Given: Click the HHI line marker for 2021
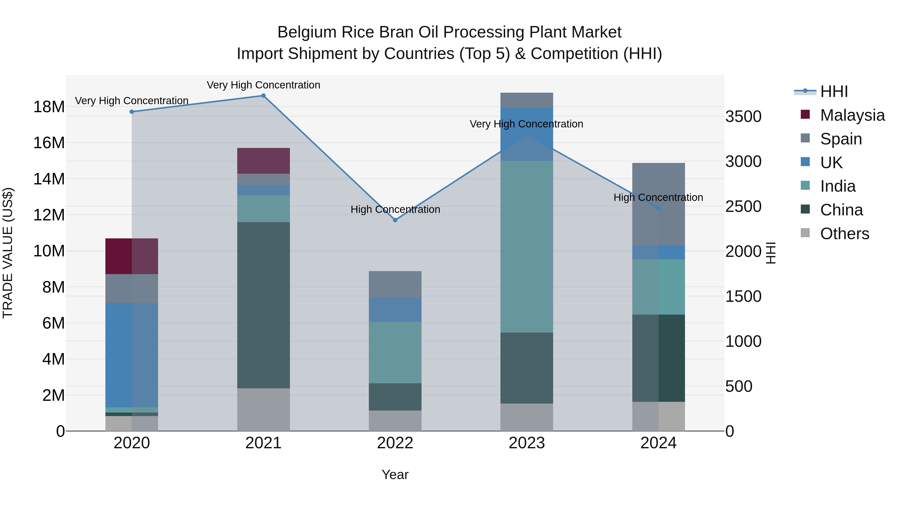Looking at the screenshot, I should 263,96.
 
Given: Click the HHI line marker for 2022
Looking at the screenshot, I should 395,220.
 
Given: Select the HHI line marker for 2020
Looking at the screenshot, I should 132,112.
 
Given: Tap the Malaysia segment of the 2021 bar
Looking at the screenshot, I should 263,161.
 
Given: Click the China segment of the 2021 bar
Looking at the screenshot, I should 263,305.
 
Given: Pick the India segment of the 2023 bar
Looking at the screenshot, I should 527,247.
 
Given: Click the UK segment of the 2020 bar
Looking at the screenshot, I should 132,355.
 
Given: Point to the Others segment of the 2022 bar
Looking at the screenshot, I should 395,421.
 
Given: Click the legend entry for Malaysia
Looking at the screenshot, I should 852,115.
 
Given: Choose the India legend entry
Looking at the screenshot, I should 837,186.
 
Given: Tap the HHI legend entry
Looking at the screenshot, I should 833,91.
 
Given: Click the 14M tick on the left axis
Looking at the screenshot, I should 49,179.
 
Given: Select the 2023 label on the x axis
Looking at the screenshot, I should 527,443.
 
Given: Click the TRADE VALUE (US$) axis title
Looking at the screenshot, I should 8,253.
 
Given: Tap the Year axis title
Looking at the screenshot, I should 395,475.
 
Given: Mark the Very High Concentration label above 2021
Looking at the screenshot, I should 263,85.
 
